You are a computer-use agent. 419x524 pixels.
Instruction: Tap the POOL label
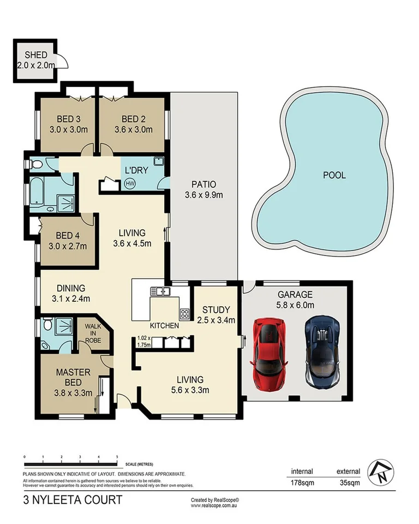334,175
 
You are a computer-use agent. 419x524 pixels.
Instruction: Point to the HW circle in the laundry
130,183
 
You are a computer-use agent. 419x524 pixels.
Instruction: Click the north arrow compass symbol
380,472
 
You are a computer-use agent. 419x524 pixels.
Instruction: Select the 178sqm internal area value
301,483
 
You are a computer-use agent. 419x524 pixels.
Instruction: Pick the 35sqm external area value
349,483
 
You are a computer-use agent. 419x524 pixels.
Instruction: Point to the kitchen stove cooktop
184,314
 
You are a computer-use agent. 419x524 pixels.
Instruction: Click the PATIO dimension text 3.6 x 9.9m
203,194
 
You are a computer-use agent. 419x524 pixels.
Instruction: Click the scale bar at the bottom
71,457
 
